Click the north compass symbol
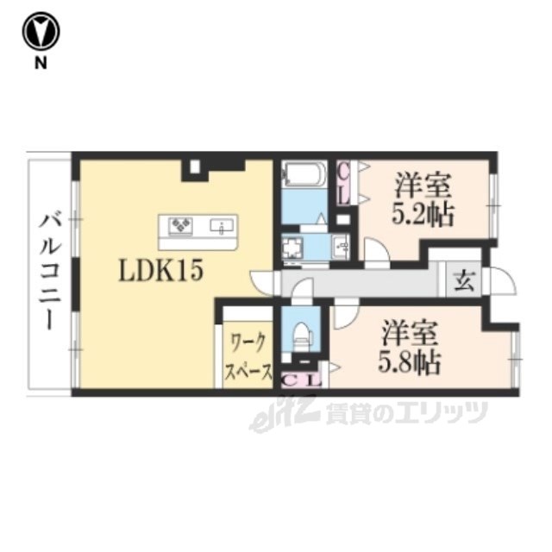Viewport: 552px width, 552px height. pos(41,32)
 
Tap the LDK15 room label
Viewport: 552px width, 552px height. pos(161,272)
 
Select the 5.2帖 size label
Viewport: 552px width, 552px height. pos(423,214)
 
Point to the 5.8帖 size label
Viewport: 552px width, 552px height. pos(409,361)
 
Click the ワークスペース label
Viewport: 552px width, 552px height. pos(248,357)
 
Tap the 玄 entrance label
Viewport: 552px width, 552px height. pos(464,281)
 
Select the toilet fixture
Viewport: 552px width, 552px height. pos(301,337)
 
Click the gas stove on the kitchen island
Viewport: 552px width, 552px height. pos(180,226)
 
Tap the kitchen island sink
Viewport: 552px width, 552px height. pos(222,226)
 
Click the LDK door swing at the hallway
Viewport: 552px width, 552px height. pos(262,283)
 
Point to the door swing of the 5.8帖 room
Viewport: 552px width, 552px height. pos(346,317)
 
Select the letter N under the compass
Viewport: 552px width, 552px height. pos(41,63)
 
